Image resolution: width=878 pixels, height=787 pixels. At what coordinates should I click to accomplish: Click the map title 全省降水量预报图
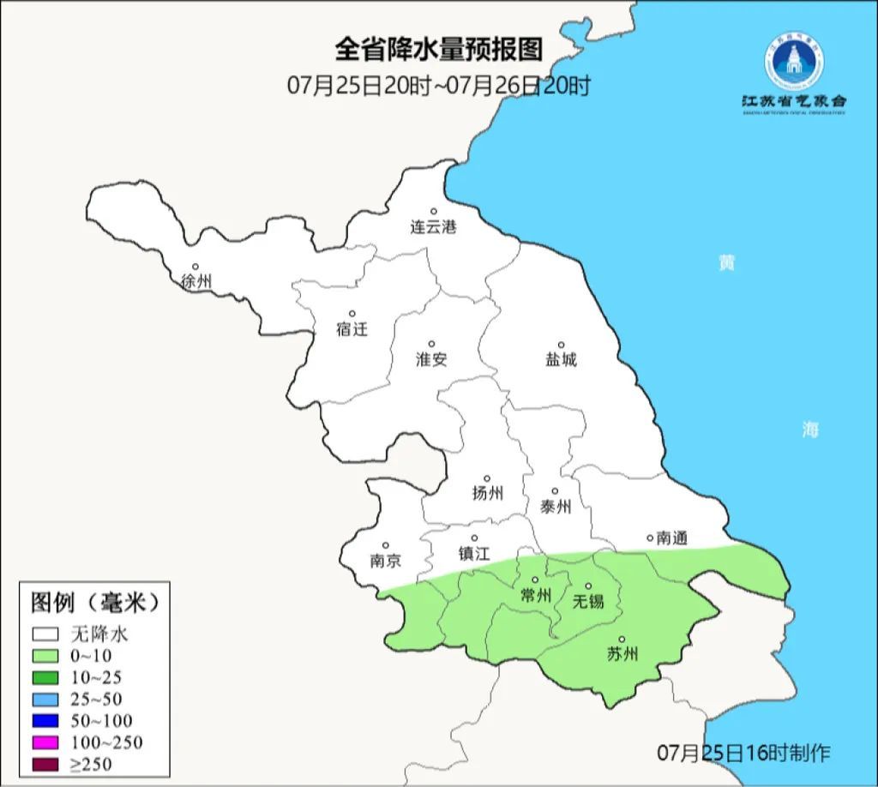coord(438,50)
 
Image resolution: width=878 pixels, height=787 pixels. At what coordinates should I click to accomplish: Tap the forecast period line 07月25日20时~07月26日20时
coord(438,86)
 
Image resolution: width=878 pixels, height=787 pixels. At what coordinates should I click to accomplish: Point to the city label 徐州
coord(196,281)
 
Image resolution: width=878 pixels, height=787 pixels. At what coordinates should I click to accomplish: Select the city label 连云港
coord(433,227)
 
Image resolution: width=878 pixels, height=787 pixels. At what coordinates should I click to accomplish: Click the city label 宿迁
coord(352,329)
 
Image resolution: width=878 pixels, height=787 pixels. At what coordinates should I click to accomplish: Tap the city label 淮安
coord(431,360)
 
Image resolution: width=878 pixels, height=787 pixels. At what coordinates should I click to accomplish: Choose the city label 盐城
coord(561,360)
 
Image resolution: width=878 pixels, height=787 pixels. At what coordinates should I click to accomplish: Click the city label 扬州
coord(487,494)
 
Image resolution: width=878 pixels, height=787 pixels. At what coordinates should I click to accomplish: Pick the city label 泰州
coord(555,507)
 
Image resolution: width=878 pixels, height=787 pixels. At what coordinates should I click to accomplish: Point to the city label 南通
coord(672,538)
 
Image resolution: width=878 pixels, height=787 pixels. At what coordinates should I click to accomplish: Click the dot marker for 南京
coord(385,545)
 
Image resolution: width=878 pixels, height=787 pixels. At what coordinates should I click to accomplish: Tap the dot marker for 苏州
coord(622,639)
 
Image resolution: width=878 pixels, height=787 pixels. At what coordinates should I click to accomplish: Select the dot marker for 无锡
coord(588,586)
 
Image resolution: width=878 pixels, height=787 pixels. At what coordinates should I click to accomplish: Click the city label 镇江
coord(473,554)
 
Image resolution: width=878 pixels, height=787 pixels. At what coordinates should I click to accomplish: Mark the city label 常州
coord(536,595)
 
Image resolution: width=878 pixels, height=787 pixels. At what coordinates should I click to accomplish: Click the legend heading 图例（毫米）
coord(95,603)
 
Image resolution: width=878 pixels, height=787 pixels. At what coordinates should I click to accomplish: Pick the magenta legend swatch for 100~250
coord(46,742)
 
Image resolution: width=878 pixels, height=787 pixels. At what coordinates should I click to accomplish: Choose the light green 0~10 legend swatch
coord(46,656)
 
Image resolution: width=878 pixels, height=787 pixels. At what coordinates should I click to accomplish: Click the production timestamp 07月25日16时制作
coord(743,754)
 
